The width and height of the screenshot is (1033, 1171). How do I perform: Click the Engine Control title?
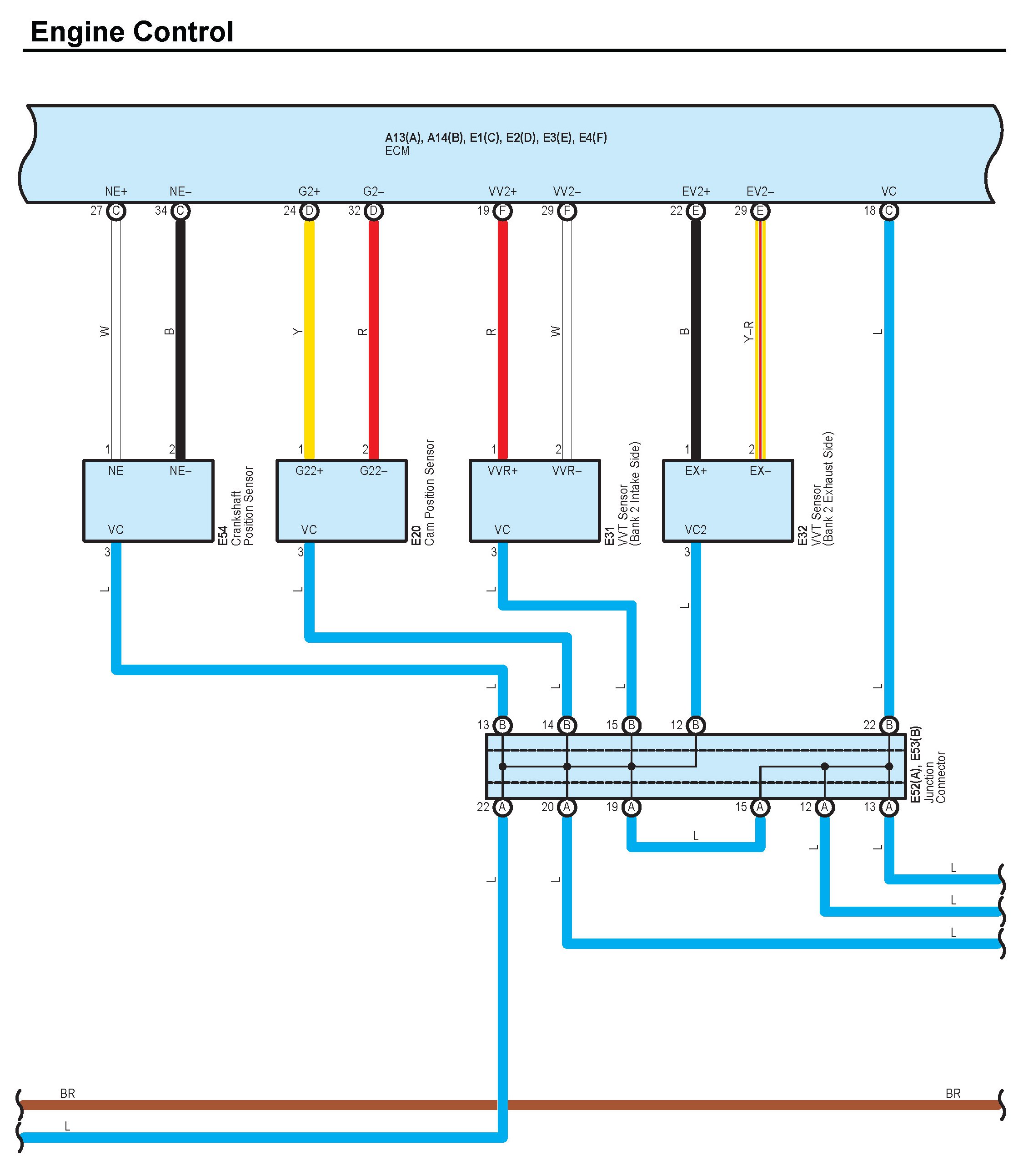pyautogui.click(x=132, y=32)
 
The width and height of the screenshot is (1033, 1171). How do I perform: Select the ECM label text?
pyautogui.click(x=397, y=151)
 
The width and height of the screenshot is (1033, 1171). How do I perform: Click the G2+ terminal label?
pyautogui.click(x=309, y=192)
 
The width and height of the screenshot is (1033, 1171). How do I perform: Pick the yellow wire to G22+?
pyautogui.click(x=309, y=338)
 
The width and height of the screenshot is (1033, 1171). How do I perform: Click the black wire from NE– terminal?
pyautogui.click(x=180, y=338)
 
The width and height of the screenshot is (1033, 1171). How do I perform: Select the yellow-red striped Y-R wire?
pyautogui.click(x=761, y=338)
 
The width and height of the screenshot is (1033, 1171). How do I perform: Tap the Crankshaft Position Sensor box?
pyautogui.click(x=148, y=500)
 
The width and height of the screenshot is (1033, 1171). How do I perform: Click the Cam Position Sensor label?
pyautogui.click(x=430, y=492)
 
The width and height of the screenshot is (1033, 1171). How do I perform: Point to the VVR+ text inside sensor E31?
pyautogui.click(x=502, y=471)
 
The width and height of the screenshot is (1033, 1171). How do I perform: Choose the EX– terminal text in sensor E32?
pyautogui.click(x=760, y=471)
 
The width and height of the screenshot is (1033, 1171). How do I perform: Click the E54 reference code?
pyautogui.click(x=223, y=535)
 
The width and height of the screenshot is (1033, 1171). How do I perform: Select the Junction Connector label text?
pyautogui.click(x=935, y=777)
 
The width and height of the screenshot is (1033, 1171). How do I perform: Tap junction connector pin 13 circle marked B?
pyautogui.click(x=502, y=725)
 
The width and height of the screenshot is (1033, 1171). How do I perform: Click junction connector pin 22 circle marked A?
pyautogui.click(x=502, y=807)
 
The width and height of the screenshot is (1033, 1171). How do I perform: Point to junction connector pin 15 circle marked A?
pyautogui.click(x=760, y=807)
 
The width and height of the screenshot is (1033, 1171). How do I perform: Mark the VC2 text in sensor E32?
pyautogui.click(x=696, y=530)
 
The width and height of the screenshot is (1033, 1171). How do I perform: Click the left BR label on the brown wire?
pyautogui.click(x=68, y=1094)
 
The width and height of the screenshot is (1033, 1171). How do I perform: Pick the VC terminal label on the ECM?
pyautogui.click(x=889, y=192)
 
